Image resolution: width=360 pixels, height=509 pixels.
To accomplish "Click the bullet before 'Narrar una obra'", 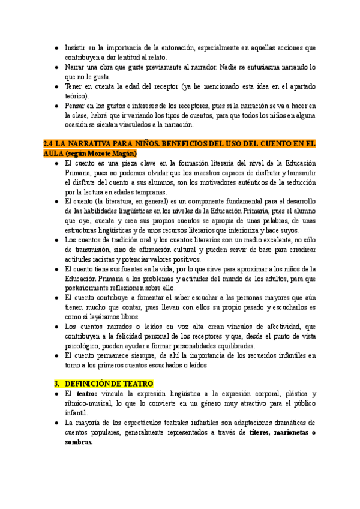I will [54, 67].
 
